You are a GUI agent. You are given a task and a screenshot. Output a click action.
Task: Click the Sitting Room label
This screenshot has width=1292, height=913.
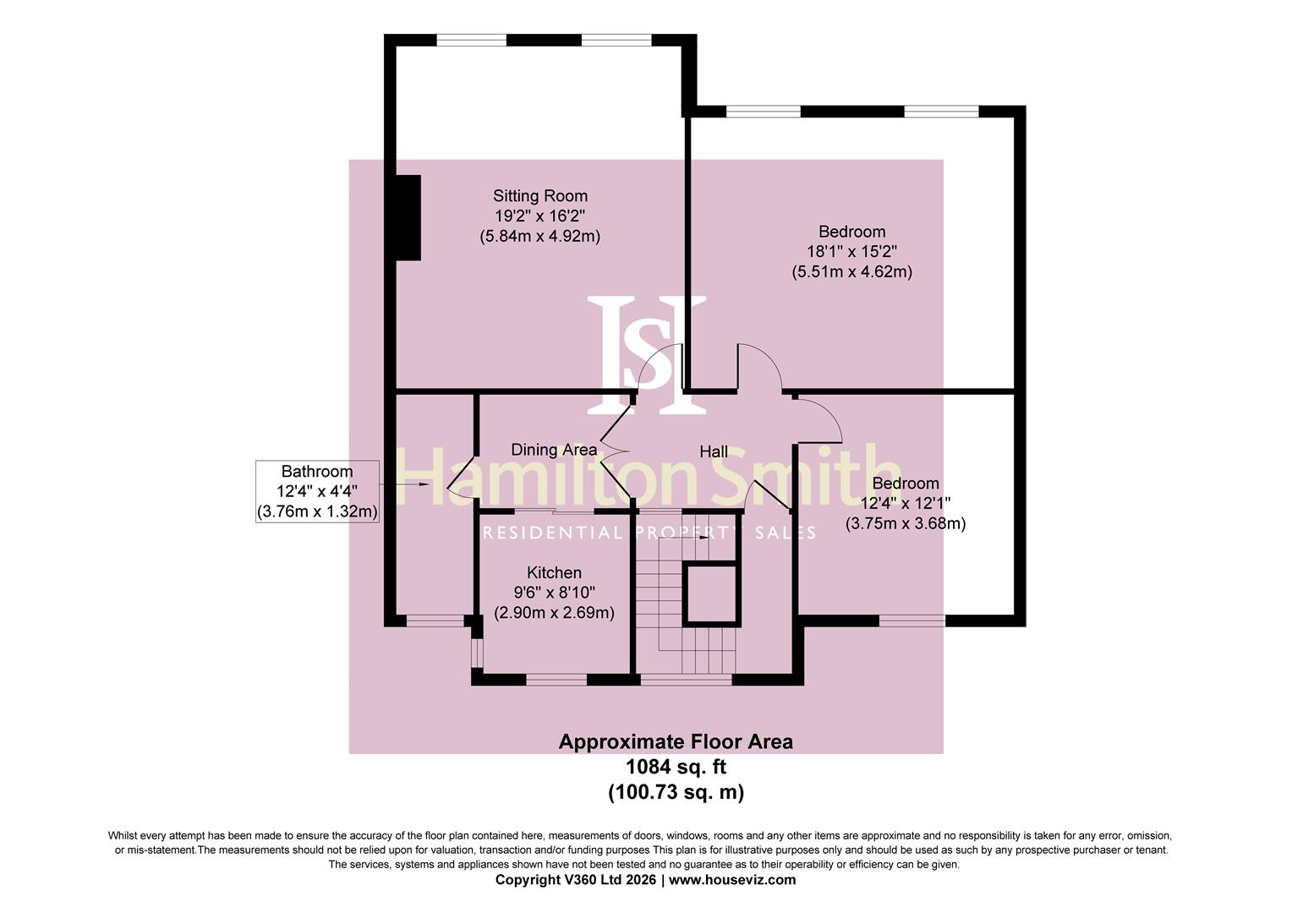(x=539, y=196)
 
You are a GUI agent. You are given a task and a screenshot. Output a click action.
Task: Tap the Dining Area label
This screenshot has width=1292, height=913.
(x=554, y=449)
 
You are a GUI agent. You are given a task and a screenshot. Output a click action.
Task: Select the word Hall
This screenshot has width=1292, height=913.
(x=714, y=451)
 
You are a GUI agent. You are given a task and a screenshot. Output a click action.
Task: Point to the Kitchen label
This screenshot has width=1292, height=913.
(x=554, y=572)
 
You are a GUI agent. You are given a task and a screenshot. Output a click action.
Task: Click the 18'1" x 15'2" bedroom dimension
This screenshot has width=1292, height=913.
(x=852, y=251)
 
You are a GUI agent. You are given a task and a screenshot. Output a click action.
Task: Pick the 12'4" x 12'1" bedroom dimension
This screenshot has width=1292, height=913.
(x=906, y=503)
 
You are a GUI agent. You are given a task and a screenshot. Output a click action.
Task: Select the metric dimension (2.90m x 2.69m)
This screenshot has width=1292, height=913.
(x=554, y=613)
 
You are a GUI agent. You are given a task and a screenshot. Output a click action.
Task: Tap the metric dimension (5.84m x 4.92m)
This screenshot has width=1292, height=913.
(x=539, y=237)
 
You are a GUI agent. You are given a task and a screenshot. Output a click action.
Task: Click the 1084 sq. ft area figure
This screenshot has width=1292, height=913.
(x=676, y=767)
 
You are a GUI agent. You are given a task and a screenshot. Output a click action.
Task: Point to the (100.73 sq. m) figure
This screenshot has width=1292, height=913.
(x=676, y=792)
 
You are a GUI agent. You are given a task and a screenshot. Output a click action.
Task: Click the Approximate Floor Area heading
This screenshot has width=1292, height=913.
(x=676, y=741)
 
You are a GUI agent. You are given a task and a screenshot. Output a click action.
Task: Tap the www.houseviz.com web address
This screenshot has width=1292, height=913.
(x=732, y=879)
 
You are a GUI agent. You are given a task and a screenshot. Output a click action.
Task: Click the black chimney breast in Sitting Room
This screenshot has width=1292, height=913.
(x=408, y=217)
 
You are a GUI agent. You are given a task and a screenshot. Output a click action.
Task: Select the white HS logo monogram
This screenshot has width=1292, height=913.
(x=647, y=355)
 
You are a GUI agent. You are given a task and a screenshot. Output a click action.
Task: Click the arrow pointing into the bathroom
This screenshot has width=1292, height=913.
(x=407, y=484)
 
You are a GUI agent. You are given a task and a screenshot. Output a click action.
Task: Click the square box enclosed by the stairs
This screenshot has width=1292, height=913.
(x=712, y=594)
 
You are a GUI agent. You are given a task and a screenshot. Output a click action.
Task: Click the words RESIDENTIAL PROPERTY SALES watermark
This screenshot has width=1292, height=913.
(x=649, y=533)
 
